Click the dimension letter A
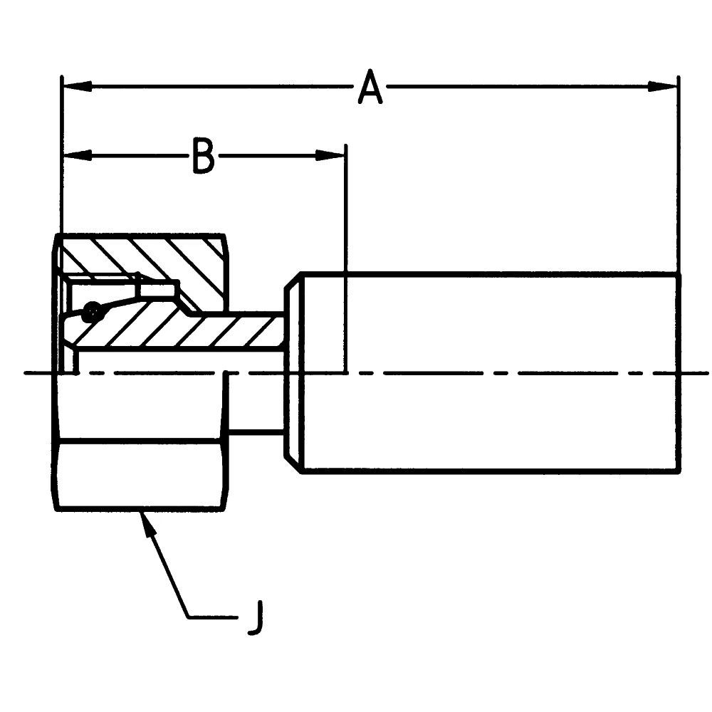[370, 88]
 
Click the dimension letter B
[204, 155]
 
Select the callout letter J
[256, 618]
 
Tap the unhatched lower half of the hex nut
[141, 473]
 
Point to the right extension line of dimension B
[346, 214]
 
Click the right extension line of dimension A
[679, 178]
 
